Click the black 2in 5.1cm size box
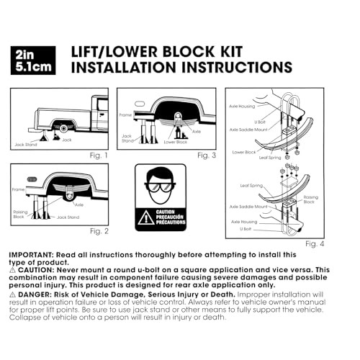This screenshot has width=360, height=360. tap(33, 60)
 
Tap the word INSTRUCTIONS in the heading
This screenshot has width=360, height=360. tap(237, 67)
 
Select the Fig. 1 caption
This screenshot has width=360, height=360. tap(99, 156)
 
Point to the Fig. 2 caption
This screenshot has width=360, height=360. tap(99, 231)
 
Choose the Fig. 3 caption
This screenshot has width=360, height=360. tap(207, 156)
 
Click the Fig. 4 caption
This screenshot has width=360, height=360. tap(315, 244)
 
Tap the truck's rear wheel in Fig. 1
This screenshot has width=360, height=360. tap(63, 128)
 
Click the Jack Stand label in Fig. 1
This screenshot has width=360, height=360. tap(26, 145)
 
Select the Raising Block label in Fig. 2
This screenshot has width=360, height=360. tap(20, 215)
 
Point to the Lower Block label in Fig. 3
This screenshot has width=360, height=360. tap(175, 142)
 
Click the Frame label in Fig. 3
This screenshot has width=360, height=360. tap(125, 115)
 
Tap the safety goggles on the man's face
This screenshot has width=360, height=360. tap(160, 186)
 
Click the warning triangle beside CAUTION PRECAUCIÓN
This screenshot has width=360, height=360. tap(146, 217)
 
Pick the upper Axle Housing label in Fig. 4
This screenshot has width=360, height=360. tap(242, 107)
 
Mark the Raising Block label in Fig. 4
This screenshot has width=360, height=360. tap(310, 199)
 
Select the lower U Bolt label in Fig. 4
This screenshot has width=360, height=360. tap(246, 229)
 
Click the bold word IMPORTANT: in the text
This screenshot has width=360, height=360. tap(31, 255)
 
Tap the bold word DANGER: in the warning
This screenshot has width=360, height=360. tap(35, 294)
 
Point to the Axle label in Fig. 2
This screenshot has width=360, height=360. tap(79, 204)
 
